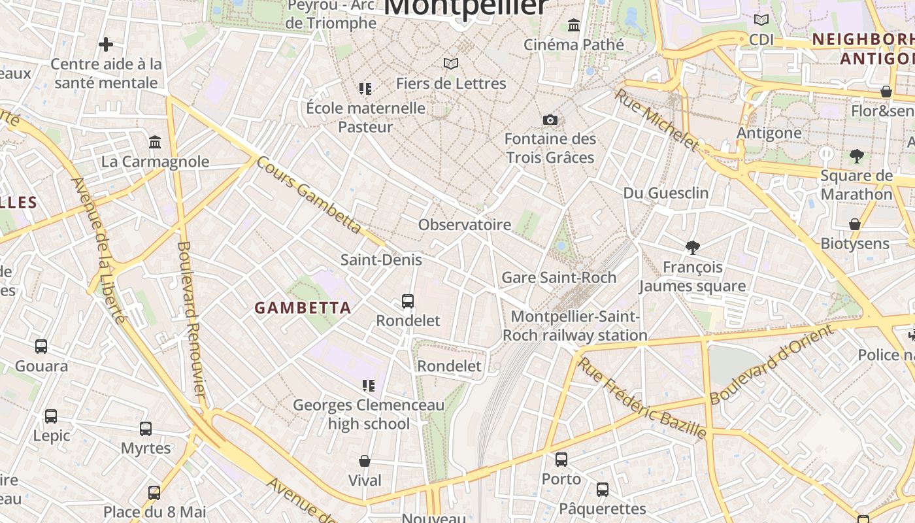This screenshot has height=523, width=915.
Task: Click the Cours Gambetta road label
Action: coord(308,194)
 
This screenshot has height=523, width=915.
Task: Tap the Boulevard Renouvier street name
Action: coord(191,319)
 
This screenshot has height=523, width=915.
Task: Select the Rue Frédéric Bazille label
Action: coord(642,397)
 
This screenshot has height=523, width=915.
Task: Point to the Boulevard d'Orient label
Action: coord(771,364)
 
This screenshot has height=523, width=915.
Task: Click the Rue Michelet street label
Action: coord(656,120)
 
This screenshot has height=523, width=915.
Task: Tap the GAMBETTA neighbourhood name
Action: coord(303,308)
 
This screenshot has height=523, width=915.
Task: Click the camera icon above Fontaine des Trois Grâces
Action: coord(550,120)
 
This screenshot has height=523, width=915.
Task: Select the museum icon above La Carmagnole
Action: coord(155,142)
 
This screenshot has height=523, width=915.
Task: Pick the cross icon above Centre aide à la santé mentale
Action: coord(106,44)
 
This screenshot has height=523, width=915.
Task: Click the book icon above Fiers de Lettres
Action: coord(451,63)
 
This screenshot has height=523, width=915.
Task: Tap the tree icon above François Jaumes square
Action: coord(693,247)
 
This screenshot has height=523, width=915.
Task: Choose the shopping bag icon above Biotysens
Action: coord(854,224)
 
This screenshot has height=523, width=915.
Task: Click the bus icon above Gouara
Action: coord(41,346)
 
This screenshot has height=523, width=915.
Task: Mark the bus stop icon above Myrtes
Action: coord(146,429)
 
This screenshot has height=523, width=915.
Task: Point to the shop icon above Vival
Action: coord(365,461)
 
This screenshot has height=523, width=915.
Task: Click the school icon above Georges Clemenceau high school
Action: coord(369,386)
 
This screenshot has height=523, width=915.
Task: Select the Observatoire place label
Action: coord(465,225)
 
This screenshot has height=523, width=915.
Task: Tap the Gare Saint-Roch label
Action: coord(559,277)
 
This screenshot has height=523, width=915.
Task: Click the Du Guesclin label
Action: coord(666,193)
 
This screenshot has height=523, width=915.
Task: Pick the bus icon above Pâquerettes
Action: coord(603,489)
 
